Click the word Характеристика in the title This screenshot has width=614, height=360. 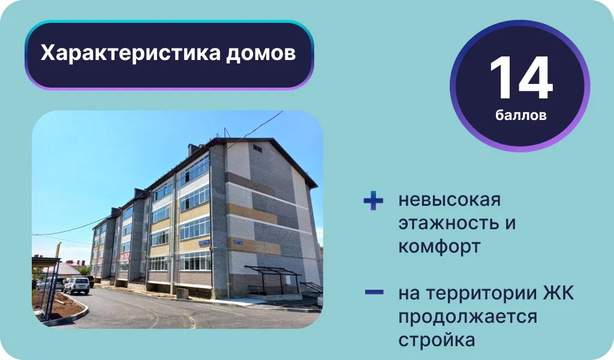[x=131, y=53]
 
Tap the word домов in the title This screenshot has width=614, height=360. [x=261, y=53]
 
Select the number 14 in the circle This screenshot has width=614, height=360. [x=521, y=78]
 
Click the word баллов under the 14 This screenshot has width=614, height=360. [x=521, y=115]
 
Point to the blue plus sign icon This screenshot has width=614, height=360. [x=373, y=200]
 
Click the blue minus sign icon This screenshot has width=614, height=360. [x=374, y=292]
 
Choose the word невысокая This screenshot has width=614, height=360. [x=450, y=200]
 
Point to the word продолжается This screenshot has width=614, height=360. [x=468, y=317]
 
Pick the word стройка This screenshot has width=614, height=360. [x=437, y=340]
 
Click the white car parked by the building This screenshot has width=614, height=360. [x=77, y=286]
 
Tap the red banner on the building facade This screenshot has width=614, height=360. [x=125, y=256]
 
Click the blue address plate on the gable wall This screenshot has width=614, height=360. [x=237, y=242]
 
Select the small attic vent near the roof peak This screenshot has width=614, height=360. [x=257, y=148]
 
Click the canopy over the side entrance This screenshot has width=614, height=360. [x=273, y=271]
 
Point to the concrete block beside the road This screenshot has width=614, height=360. [x=182, y=293]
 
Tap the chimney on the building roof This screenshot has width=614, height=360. [x=192, y=149]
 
